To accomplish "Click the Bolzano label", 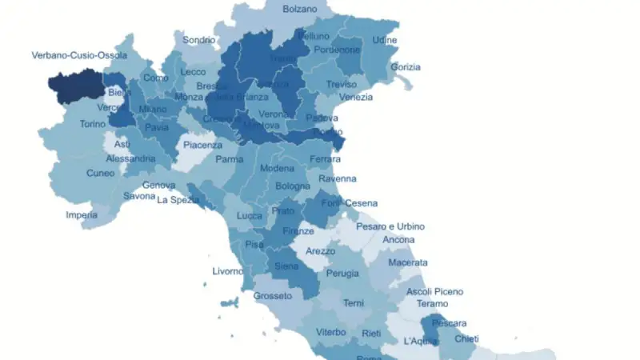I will (300, 10).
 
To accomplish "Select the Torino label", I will (93, 125).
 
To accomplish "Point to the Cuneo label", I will (101, 173).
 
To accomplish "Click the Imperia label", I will (82, 214).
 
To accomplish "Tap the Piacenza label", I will (202, 146).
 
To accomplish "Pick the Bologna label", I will (292, 186).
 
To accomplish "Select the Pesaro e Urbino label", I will (391, 227).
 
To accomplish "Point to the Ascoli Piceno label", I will (434, 291).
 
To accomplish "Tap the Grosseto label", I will (273, 296).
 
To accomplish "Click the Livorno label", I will (228, 271).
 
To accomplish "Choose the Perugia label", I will (342, 274).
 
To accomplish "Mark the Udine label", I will (384, 40).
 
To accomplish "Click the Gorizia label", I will (406, 66).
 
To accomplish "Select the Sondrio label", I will (198, 39).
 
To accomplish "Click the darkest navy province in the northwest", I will (76, 86).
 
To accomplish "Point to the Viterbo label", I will (330, 332).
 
